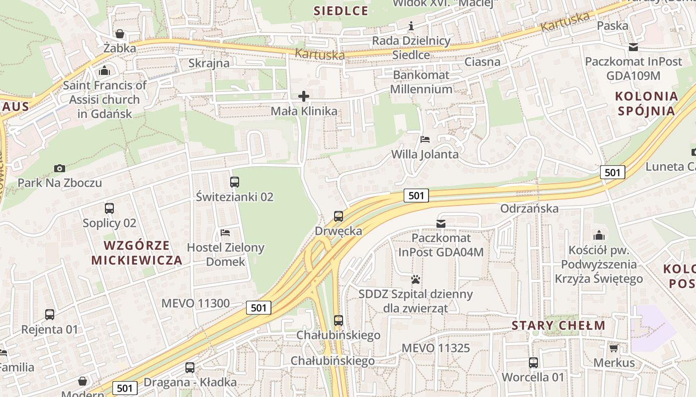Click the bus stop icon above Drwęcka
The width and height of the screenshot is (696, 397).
pyautogui.click(x=339, y=216)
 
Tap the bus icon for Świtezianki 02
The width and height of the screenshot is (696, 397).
pyautogui.click(x=235, y=182)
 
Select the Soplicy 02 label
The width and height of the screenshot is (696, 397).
pyautogui.click(x=109, y=223)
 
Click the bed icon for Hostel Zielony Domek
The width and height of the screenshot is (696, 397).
pyautogui.click(x=225, y=232)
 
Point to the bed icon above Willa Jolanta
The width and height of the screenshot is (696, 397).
pyautogui.click(x=425, y=139)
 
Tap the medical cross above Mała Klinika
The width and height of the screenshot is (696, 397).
pyautogui.click(x=304, y=96)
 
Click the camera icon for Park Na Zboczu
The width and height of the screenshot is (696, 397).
pyautogui.click(x=60, y=168)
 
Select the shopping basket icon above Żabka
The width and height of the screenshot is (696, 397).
pyautogui.click(x=120, y=34)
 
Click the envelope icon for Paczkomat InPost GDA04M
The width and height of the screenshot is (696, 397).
pyautogui.click(x=441, y=224)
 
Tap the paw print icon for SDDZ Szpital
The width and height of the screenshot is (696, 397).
pyautogui.click(x=416, y=279)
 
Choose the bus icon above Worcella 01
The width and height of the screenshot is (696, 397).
pyautogui.click(x=533, y=363)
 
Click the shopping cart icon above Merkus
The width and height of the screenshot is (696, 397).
pyautogui.click(x=614, y=348)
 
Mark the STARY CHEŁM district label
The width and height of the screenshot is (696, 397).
pyautogui.click(x=559, y=326)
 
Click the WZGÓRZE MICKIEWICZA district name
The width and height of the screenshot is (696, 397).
pyautogui.click(x=137, y=253)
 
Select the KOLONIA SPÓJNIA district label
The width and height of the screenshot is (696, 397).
pyautogui.click(x=647, y=103)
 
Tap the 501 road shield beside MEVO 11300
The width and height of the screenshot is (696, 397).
pyautogui.click(x=259, y=308)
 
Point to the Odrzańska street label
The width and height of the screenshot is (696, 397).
pyautogui.click(x=529, y=208)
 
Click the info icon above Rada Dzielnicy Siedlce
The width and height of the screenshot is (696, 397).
pyautogui.click(x=411, y=26)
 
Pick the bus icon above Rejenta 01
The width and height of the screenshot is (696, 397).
pyautogui.click(x=50, y=315)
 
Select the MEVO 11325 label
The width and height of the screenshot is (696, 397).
pyautogui.click(x=435, y=348)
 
